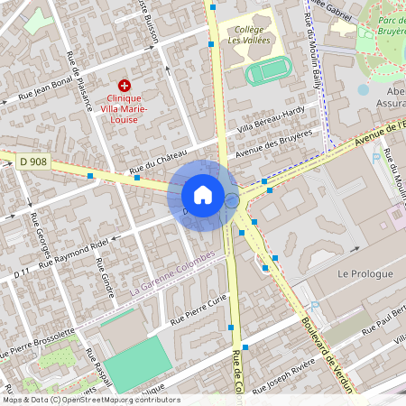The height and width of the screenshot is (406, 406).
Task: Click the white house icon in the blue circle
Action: pyautogui.click(x=203, y=195)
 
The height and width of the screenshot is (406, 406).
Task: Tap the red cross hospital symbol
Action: pyautogui.click(x=125, y=85)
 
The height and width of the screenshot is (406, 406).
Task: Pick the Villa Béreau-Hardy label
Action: pyautogui.click(x=271, y=122)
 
